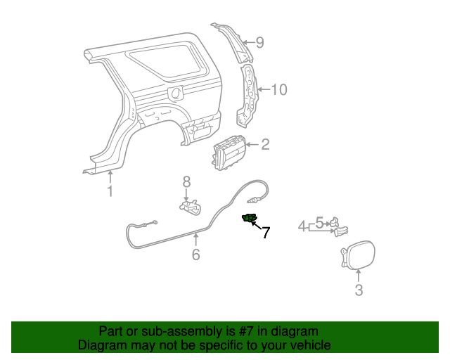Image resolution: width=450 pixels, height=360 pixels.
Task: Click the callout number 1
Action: click(110, 191)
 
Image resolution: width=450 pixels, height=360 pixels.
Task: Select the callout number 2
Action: click(265, 145)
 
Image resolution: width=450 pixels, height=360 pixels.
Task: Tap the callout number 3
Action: click(359, 290)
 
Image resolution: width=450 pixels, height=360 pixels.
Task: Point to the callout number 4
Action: click(302, 226)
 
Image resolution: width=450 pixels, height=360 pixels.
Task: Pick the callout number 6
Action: click(195, 254)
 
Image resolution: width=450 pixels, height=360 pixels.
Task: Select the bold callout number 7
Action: click(266, 233)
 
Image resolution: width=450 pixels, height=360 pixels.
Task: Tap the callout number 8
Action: click(186, 182)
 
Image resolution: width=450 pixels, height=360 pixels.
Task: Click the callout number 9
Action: click(259, 43)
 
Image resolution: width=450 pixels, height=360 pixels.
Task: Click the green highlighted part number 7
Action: click(249, 219)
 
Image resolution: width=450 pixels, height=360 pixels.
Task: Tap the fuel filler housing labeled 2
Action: click(229, 151)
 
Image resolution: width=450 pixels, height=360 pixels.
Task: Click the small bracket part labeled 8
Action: click(189, 207)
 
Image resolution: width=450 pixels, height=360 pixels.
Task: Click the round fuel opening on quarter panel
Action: click(176, 93)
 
